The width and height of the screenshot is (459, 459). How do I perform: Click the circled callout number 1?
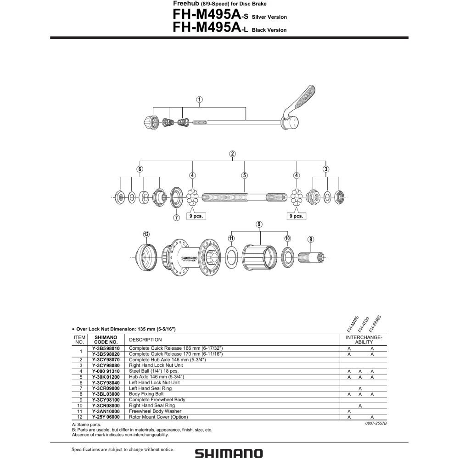coord(199,100)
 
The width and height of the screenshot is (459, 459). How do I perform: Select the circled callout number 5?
coord(245,175)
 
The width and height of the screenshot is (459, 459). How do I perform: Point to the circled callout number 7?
coord(176,218)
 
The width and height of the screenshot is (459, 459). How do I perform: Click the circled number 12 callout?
coord(146,234)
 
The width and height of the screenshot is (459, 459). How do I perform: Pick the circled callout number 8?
coord(311,240)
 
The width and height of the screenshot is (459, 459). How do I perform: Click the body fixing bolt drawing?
coord(311,257)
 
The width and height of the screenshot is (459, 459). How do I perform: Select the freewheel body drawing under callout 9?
coord(259,257)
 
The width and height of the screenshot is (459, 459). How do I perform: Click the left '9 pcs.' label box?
coord(196,216)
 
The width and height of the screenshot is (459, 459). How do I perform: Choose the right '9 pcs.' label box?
coord(296,216)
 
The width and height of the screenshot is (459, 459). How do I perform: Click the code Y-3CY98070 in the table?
coord(106,360)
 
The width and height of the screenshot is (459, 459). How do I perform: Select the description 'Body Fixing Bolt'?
coord(146,394)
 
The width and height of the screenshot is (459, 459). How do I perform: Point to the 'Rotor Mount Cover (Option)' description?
coord(158,417)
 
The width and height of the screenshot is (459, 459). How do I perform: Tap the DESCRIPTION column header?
coord(145,340)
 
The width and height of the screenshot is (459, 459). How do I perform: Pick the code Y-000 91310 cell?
coord(106,371)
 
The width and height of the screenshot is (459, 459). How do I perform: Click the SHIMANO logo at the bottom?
coord(229,453)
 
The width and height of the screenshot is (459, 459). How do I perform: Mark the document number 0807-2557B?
coord(376,423)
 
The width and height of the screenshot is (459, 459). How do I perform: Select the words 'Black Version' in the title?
coord(269,30)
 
